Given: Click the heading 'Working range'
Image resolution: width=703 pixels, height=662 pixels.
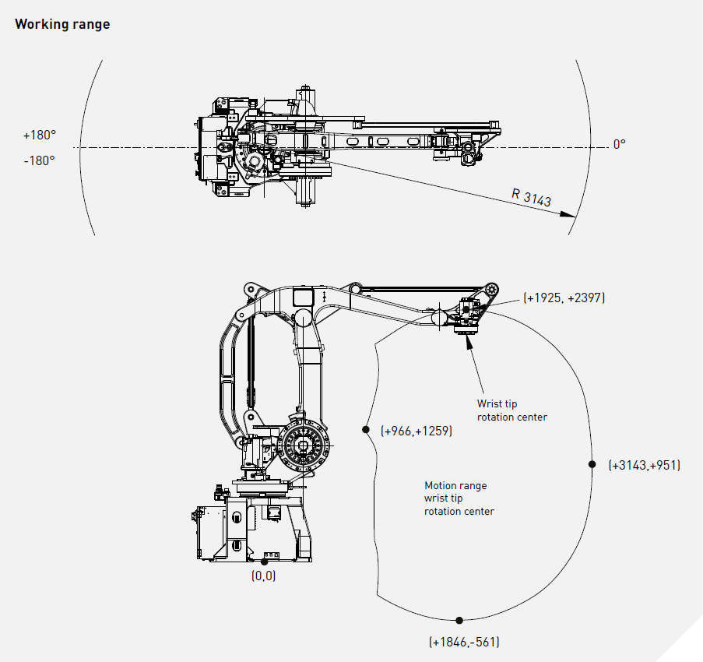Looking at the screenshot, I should [x=62, y=24].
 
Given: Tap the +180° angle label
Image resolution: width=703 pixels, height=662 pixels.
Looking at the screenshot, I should [x=40, y=135].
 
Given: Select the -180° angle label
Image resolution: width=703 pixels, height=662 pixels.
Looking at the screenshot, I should [x=39, y=160].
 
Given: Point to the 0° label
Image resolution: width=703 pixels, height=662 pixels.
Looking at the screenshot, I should [x=619, y=144].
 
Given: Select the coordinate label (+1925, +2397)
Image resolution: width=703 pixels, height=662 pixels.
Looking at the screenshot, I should [x=564, y=298].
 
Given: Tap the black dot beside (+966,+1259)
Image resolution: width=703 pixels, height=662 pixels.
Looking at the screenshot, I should [x=364, y=429].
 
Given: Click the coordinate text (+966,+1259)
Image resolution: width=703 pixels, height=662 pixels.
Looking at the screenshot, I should [x=416, y=430].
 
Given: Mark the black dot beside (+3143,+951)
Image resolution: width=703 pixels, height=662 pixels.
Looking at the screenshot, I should [x=591, y=464].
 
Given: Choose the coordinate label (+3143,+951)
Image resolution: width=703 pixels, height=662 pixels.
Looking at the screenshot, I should [x=644, y=465].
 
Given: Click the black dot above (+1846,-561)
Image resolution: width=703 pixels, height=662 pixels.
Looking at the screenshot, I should [x=459, y=620].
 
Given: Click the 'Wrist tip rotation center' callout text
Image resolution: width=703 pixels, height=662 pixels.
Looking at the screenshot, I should [x=511, y=410].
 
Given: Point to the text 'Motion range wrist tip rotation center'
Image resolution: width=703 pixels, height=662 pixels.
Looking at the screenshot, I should [x=459, y=498].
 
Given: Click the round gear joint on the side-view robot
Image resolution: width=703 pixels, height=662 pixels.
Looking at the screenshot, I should [x=304, y=449].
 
